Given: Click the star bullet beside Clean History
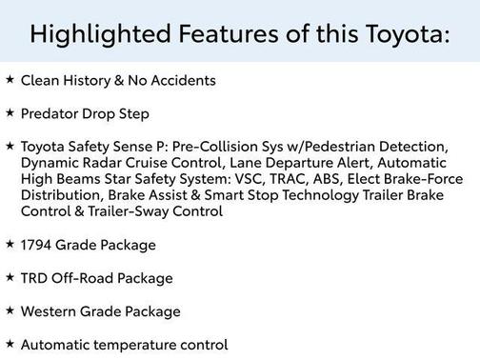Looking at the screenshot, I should click(x=10, y=80).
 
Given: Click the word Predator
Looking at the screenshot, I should click(x=52, y=114).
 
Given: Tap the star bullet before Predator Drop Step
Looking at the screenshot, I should click(x=10, y=113).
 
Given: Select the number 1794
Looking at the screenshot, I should click(x=38, y=245).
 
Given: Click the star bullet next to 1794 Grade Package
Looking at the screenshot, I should click(x=10, y=244).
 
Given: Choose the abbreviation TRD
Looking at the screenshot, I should click(x=35, y=278).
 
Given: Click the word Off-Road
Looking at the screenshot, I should click(x=84, y=278).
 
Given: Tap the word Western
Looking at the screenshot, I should click(x=52, y=311).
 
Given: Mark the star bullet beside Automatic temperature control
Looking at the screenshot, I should click(x=10, y=344).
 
